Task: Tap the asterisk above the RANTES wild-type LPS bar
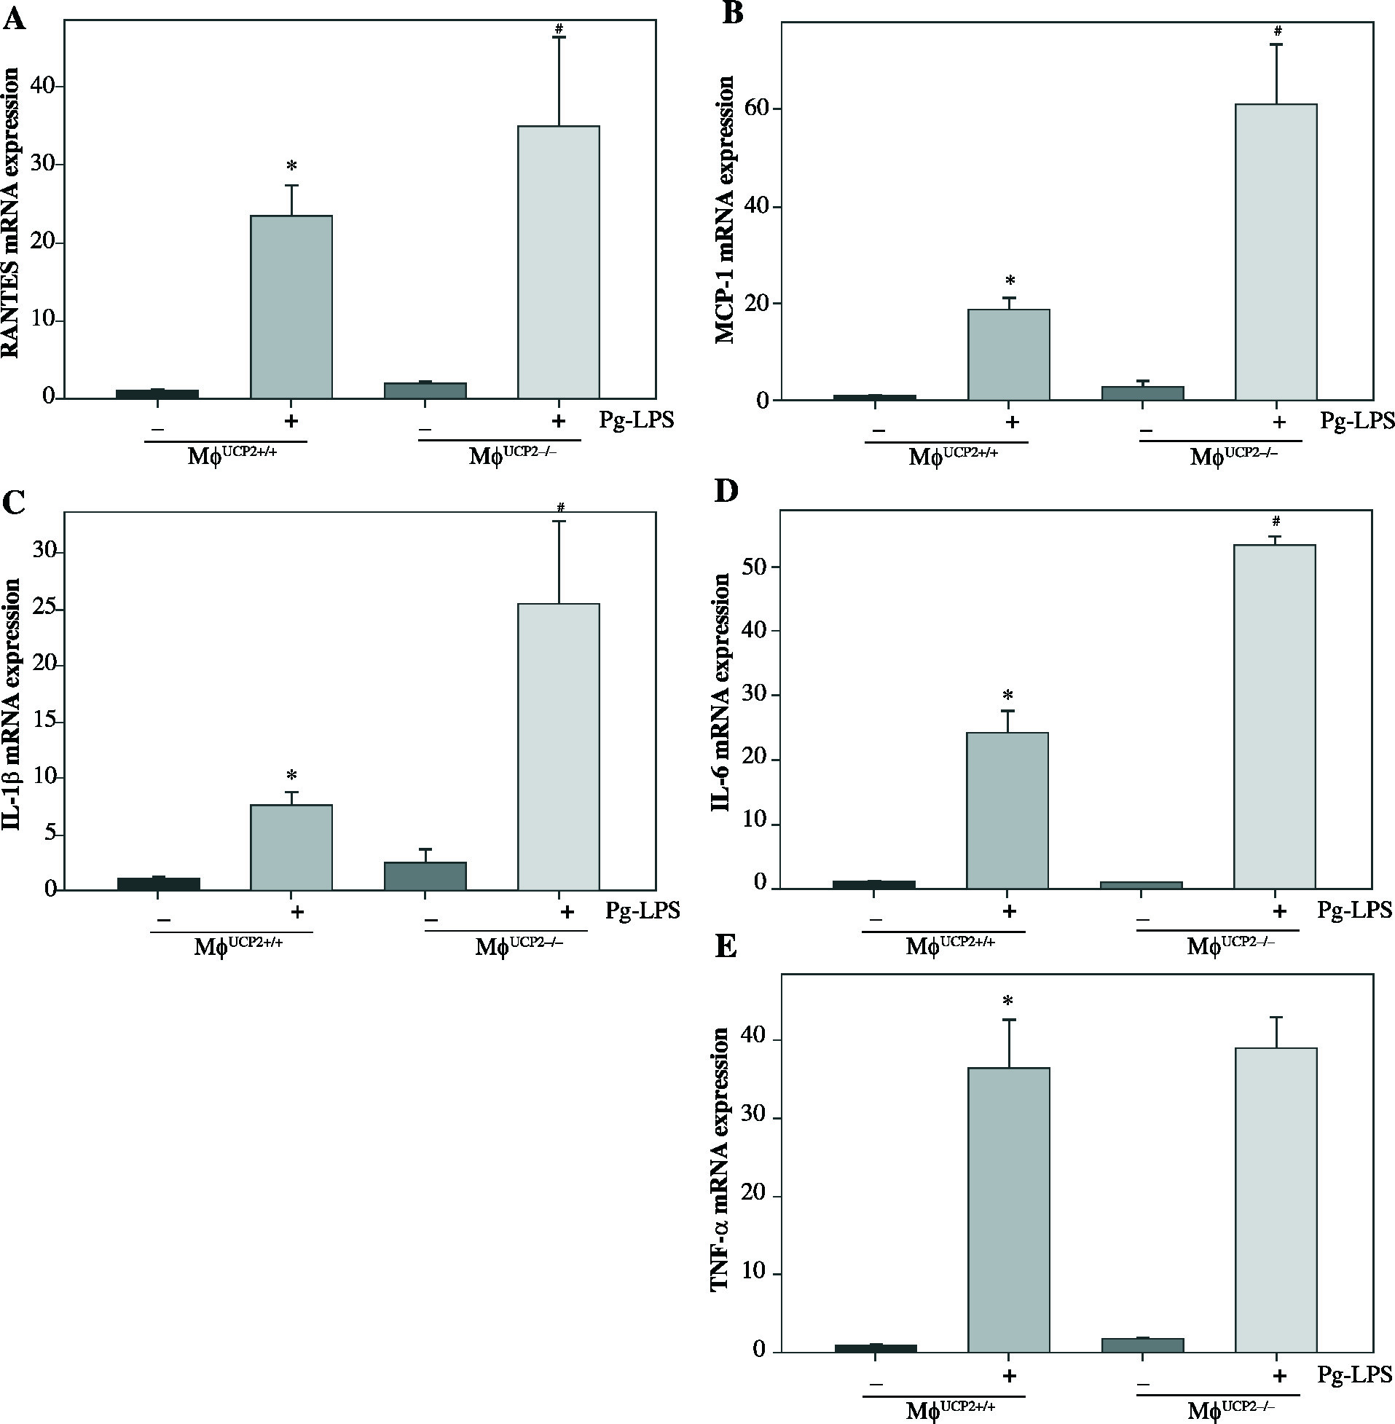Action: pos(291,166)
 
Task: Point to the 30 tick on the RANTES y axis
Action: pos(43,165)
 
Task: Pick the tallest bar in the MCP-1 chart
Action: pos(1276,252)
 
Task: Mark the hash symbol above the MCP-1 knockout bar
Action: pos(1278,31)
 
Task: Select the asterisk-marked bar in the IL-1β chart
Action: pos(291,848)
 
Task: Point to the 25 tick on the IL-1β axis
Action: pos(43,610)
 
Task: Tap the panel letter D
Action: pos(727,493)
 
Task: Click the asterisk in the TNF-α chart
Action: pos(1009,1002)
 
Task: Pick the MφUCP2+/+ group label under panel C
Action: pos(238,948)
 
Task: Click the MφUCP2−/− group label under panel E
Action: pos(1231,1410)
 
